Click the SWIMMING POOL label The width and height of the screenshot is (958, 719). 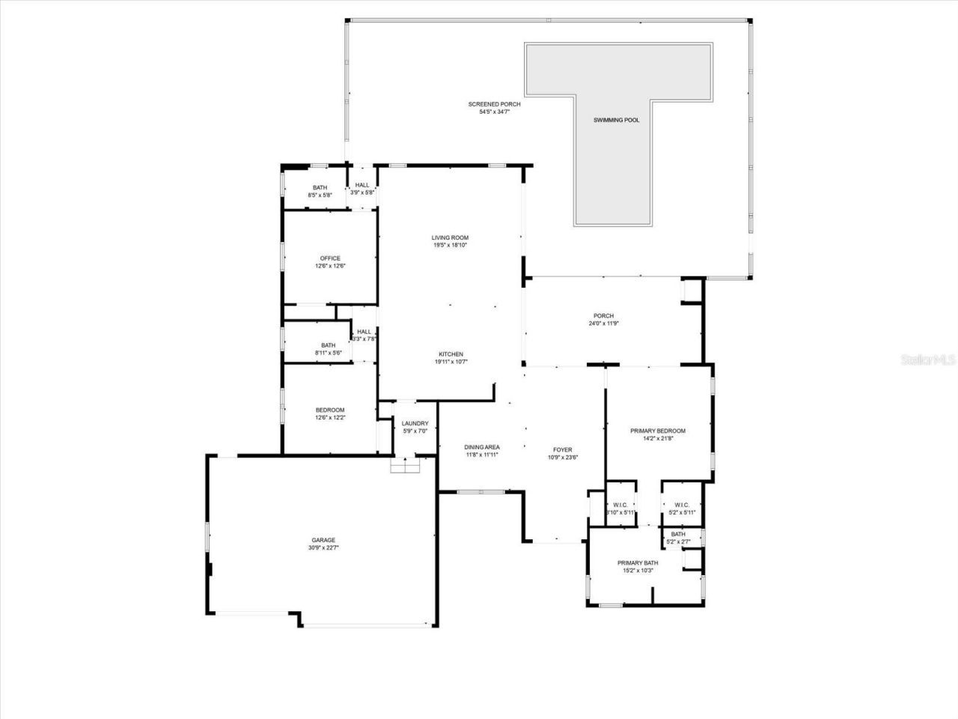coord(616,120)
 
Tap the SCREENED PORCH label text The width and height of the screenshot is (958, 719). coord(494,104)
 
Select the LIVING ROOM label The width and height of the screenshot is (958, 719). coord(450,237)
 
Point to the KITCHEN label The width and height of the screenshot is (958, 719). coord(451,354)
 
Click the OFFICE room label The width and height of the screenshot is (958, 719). coord(330,258)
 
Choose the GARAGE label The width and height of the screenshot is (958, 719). coord(323,539)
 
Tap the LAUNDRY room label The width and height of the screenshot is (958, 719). coord(415,423)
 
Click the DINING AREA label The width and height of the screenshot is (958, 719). coord(482,447)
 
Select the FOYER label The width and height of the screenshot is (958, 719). coord(562,450)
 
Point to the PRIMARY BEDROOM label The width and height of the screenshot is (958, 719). coord(658,431)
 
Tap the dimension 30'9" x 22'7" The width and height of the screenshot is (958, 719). coord(323,547)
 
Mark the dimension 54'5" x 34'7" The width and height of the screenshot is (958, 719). coord(494,112)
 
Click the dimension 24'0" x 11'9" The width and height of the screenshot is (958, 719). coord(603,324)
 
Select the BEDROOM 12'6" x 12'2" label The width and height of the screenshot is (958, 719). coord(330,410)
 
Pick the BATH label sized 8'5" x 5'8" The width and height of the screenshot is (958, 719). coord(320,187)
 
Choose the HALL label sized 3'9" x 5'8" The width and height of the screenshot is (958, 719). coord(362,185)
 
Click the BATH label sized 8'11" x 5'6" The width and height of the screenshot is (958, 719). coord(328,345)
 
